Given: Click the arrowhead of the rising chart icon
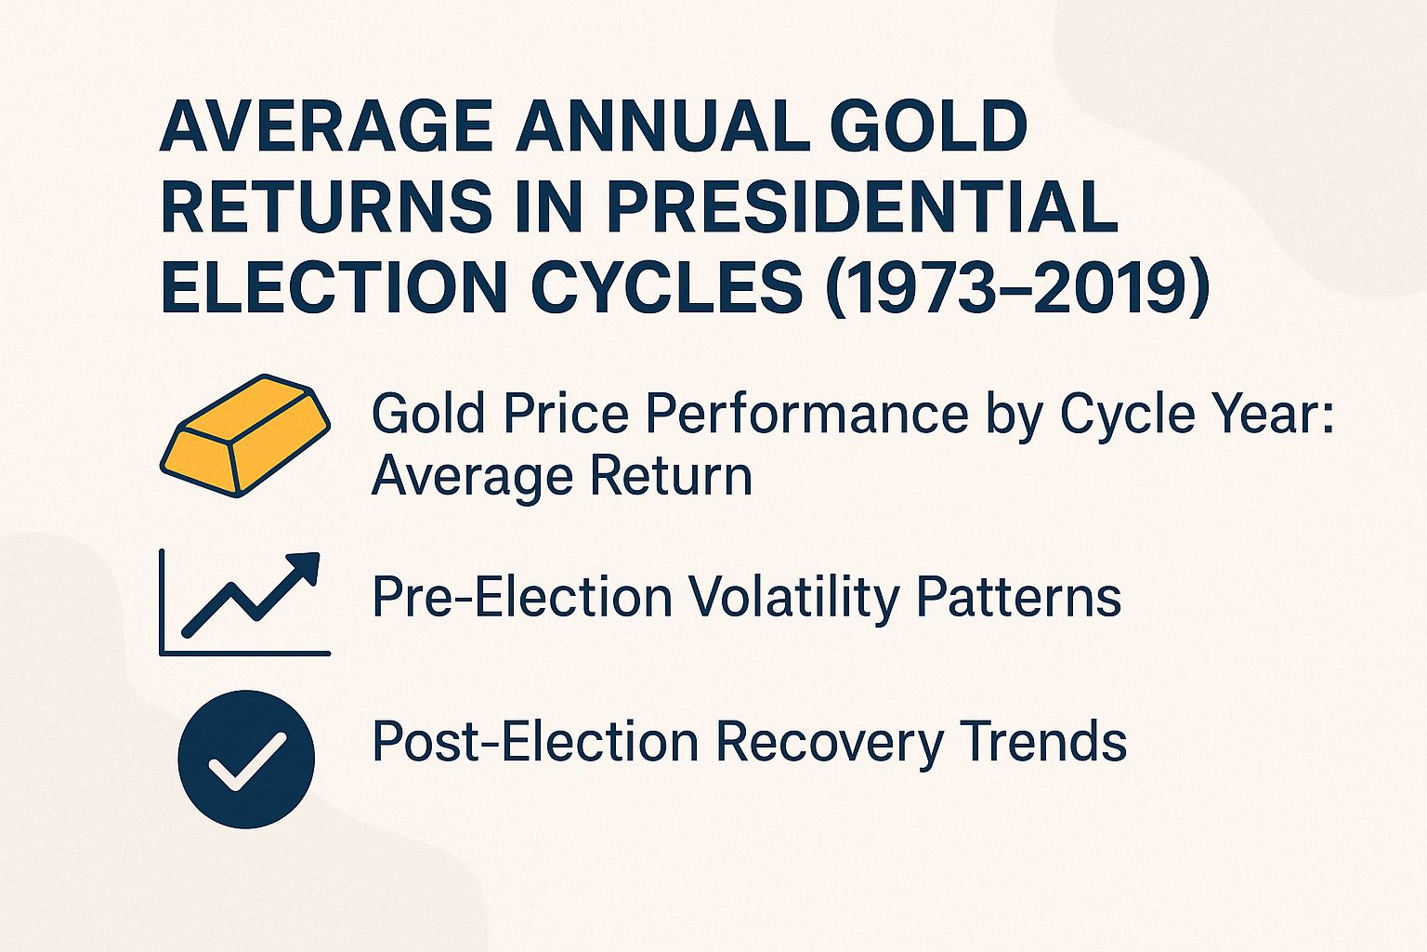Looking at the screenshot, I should point(305,566).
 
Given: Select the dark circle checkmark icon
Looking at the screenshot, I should point(246,759).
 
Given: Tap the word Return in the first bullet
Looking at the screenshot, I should point(670,476).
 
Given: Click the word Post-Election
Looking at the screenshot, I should point(534,742).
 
